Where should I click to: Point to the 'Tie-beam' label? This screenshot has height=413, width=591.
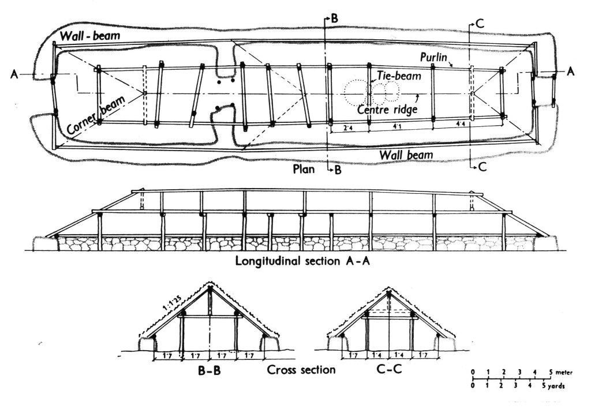[397, 75]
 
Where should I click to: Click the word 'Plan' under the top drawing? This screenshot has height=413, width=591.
[304, 170]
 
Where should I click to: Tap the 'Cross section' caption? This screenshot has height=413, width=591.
[302, 370]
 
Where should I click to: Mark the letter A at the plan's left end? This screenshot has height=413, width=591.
[14, 74]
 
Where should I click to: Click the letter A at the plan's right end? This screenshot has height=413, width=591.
[571, 71]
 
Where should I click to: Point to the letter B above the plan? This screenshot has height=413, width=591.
[334, 18]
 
